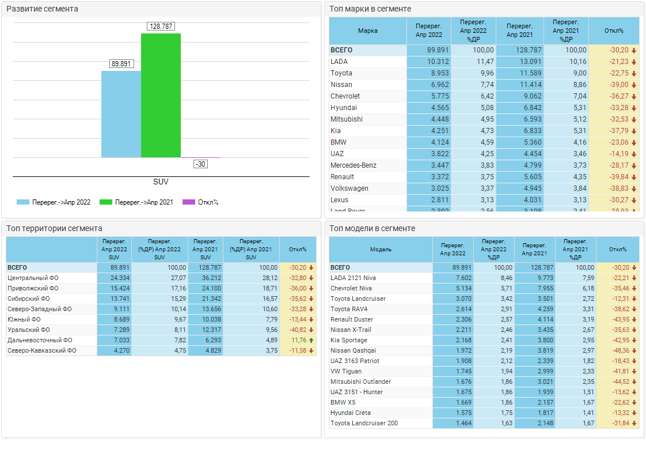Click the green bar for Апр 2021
[x=161, y=95]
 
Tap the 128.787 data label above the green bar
[x=161, y=27]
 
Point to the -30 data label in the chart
[x=200, y=164]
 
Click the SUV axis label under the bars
[x=161, y=182]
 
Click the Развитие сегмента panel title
[x=42, y=9]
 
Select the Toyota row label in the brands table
[x=341, y=73]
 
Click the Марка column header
[x=368, y=31]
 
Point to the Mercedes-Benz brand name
[x=354, y=165]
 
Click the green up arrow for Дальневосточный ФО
[x=311, y=340]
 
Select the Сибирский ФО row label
[x=29, y=299]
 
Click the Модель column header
[x=381, y=250]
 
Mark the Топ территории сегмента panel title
[x=55, y=228]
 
